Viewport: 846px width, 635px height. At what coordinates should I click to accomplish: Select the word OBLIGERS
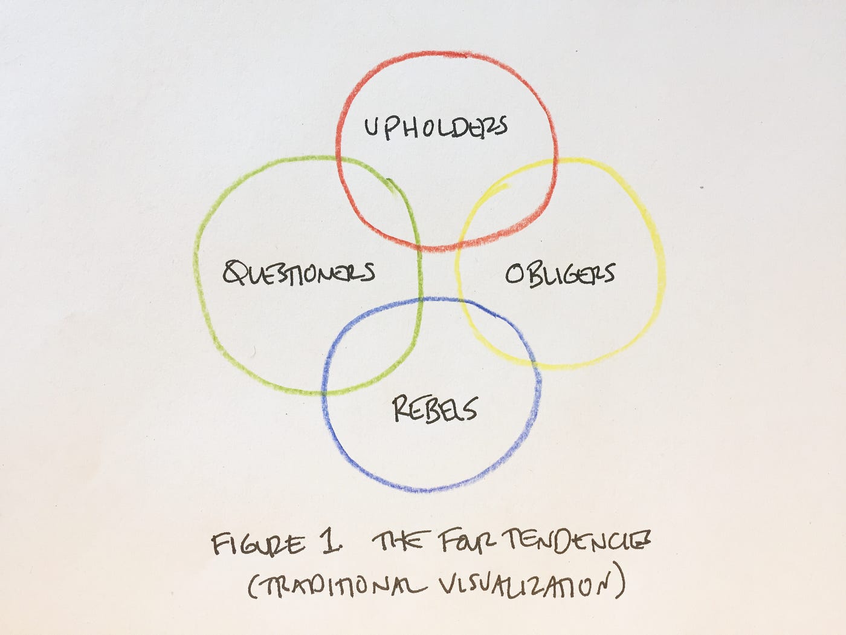point(560,274)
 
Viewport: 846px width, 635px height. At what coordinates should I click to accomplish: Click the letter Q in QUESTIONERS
point(233,273)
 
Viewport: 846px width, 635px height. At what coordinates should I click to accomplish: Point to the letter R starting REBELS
point(401,409)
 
